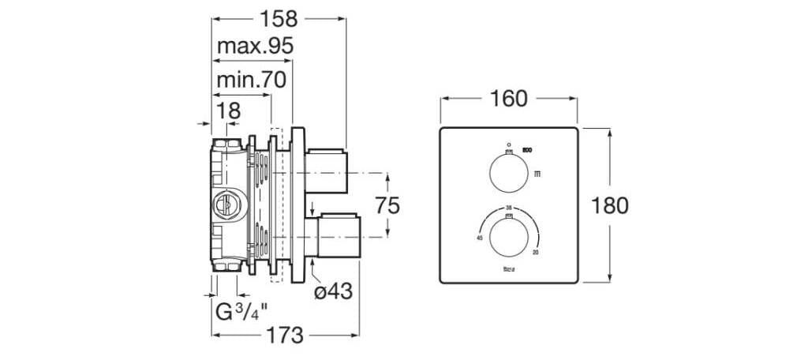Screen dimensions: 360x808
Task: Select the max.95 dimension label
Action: pos(256,46)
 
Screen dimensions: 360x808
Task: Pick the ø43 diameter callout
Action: pos(332,291)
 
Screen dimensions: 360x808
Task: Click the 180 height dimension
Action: pos(610,205)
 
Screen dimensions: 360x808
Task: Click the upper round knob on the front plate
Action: pos(508,172)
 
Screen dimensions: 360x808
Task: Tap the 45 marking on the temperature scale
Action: pos(479,237)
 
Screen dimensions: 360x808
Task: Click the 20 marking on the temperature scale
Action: pos(536,253)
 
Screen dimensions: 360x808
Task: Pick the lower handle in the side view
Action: pos(337,237)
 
